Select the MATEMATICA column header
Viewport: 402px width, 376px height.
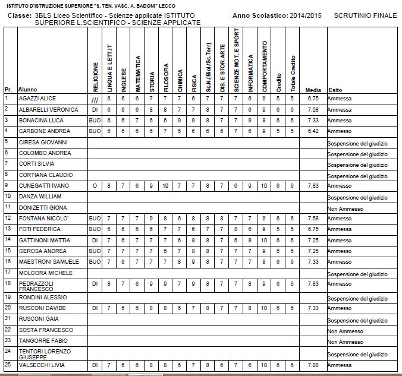click(x=137, y=69)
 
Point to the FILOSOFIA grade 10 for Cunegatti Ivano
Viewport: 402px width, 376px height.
click(x=166, y=186)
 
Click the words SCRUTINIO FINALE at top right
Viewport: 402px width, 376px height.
click(x=365, y=15)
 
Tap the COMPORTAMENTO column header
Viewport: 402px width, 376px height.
click(x=265, y=66)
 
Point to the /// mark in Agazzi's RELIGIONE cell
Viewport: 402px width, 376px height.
click(x=95, y=99)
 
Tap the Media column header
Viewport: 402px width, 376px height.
click(x=313, y=90)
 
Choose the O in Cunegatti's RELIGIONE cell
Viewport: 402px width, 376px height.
click(x=95, y=186)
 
